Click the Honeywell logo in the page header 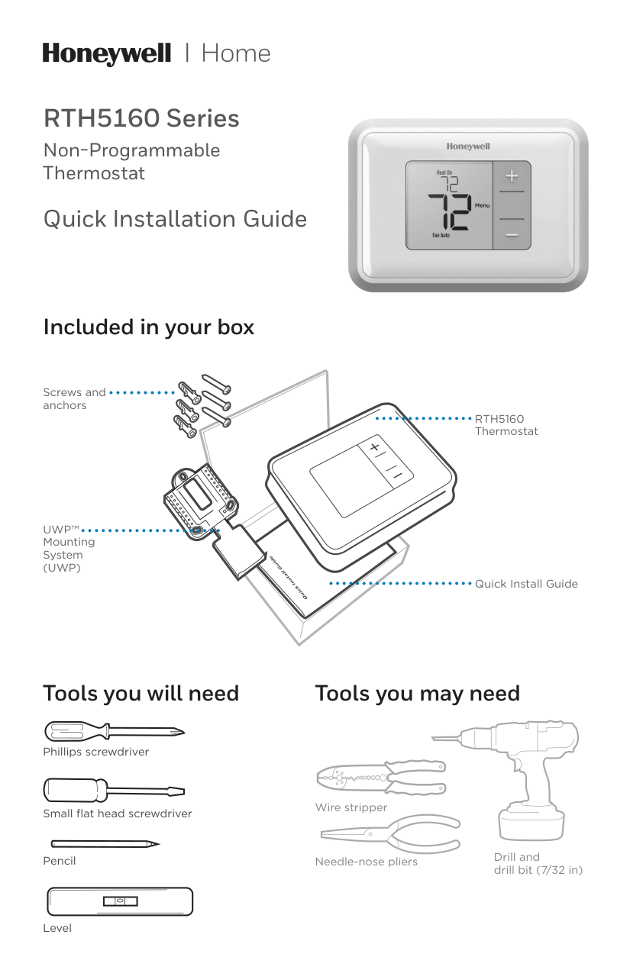[106, 53]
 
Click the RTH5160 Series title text [141, 119]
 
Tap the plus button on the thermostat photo [511, 176]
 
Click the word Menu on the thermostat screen [482, 206]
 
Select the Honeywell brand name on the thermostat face [467, 146]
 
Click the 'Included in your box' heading [148, 327]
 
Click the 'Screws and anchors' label [74, 398]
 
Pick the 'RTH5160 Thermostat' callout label [506, 425]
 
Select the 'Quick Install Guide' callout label [526, 584]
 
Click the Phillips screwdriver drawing [114, 732]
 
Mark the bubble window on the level [120, 901]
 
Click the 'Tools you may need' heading [417, 694]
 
